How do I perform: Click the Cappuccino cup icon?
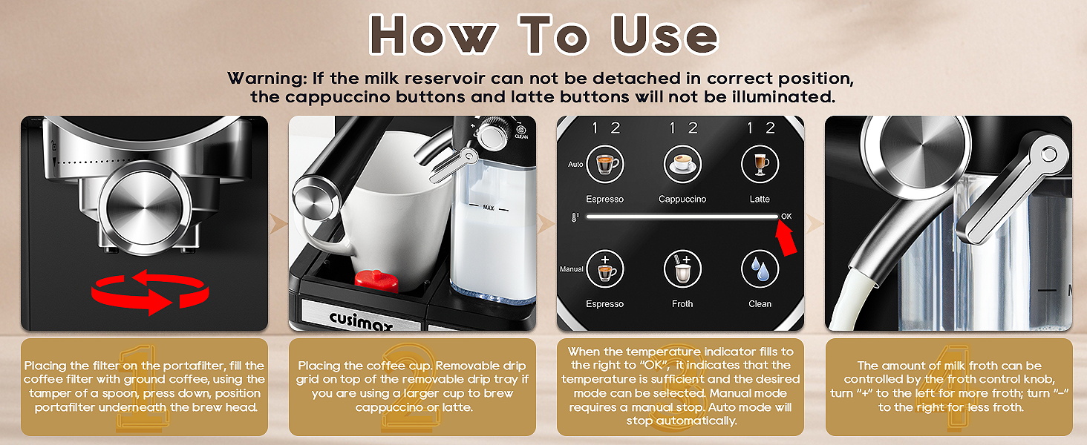(682, 165)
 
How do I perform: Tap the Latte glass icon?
(760, 165)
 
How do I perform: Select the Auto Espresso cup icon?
(604, 165)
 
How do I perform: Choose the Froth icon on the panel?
(682, 269)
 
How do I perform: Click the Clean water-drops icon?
(760, 269)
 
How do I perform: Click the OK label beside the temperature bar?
(786, 217)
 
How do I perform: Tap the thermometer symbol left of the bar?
(575, 217)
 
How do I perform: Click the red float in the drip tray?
(376, 281)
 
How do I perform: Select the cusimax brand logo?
(361, 320)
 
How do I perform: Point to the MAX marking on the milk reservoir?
(488, 208)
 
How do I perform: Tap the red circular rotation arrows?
(151, 292)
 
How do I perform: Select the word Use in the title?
(665, 35)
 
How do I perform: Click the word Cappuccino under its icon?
(682, 200)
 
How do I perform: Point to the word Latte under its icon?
(760, 200)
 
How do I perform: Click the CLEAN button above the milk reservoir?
(521, 131)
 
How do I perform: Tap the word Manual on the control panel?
(572, 269)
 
